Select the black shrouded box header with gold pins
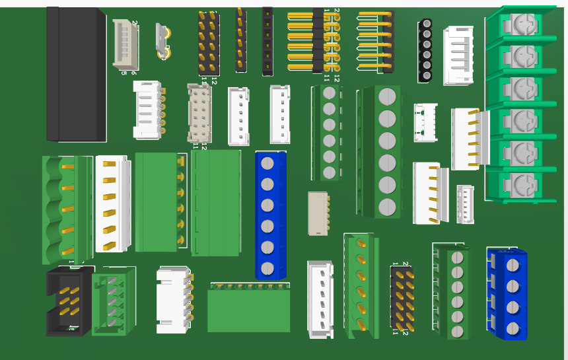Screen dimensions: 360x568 point(69,301)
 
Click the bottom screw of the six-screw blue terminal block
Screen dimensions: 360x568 point(267,268)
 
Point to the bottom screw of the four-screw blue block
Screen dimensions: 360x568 point(513,328)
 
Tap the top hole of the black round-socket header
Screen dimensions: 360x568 point(427,24)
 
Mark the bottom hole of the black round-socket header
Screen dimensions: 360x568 point(427,76)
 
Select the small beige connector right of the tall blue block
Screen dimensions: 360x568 point(318,213)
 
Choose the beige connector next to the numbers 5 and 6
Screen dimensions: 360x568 point(125,44)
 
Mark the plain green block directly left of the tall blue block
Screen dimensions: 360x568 point(216,203)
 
